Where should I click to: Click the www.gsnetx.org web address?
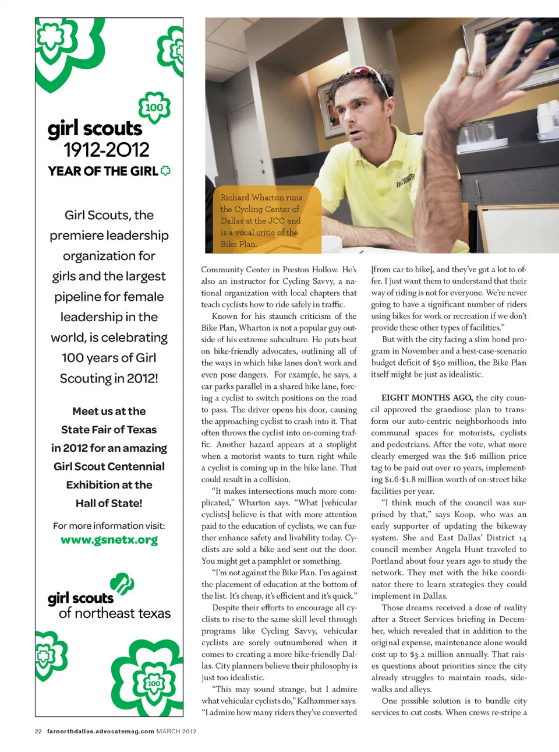coord(109,540)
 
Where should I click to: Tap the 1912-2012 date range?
coord(107,150)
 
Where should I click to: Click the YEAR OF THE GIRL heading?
coord(103,171)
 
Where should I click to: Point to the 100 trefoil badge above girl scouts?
coord(154,107)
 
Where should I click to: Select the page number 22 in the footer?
coord(38,731)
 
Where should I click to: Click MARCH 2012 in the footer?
coord(176,731)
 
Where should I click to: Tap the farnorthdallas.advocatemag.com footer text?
coord(100,731)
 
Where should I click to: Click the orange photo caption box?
coord(263,220)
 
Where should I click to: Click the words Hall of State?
coord(109,503)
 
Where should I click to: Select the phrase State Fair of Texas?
coord(109,430)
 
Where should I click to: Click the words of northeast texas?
coord(115,613)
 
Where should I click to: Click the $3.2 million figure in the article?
coord(430,654)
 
